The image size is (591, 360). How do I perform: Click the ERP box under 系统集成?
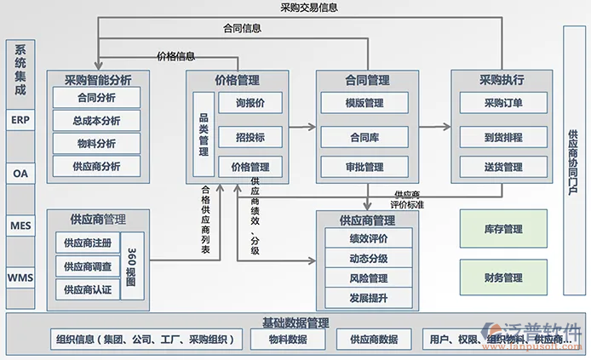20,120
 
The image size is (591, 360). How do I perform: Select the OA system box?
20,173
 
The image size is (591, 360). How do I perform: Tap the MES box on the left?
20,226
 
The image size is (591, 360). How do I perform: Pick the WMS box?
20,277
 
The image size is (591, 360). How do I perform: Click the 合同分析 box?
96,99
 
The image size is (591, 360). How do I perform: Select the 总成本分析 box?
96,121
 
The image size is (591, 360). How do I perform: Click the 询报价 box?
250,104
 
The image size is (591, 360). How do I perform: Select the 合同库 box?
365,135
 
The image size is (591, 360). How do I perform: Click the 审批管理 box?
365,167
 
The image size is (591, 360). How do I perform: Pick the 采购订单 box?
502,104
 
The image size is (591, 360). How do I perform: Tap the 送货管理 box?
502,167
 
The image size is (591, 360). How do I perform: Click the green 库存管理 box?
502,230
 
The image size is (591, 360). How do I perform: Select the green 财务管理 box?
502,277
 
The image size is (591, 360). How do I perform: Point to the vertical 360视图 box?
131,266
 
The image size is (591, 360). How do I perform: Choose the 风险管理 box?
368,278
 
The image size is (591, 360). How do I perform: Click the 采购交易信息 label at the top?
308,8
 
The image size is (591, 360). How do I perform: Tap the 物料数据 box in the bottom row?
288,340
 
